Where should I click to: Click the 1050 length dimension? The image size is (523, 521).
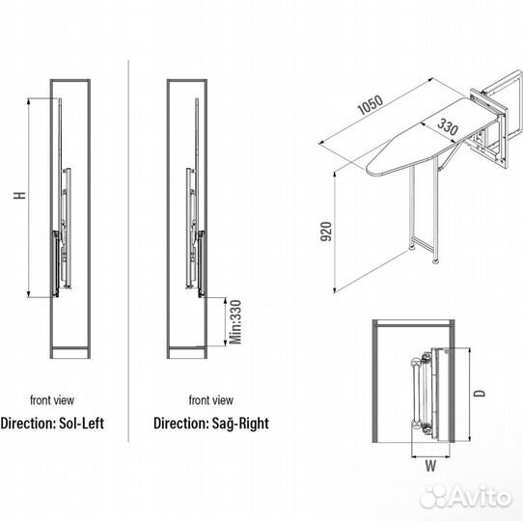click(x=370, y=105)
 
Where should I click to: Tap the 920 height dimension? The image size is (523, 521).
click(x=326, y=232)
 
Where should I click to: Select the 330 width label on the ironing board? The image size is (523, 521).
click(x=448, y=126)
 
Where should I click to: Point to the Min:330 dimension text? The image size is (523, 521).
click(x=235, y=322)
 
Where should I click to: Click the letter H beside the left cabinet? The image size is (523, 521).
click(x=19, y=196)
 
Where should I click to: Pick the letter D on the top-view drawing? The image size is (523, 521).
click(x=480, y=394)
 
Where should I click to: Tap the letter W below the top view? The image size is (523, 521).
click(x=430, y=466)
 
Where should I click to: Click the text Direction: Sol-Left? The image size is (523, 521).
click(x=52, y=424)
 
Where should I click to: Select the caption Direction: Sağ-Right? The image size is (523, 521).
click(x=211, y=424)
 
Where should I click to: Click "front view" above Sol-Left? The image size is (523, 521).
click(x=52, y=400)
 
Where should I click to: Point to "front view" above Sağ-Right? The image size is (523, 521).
click(x=211, y=400)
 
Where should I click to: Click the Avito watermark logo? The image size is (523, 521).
click(x=466, y=497)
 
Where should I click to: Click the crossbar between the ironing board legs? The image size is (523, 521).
click(x=423, y=243)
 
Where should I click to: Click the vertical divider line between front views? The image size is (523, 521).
click(x=128, y=251)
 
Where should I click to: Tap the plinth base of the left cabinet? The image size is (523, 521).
click(x=70, y=352)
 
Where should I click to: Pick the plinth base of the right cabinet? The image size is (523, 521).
click(x=187, y=352)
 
